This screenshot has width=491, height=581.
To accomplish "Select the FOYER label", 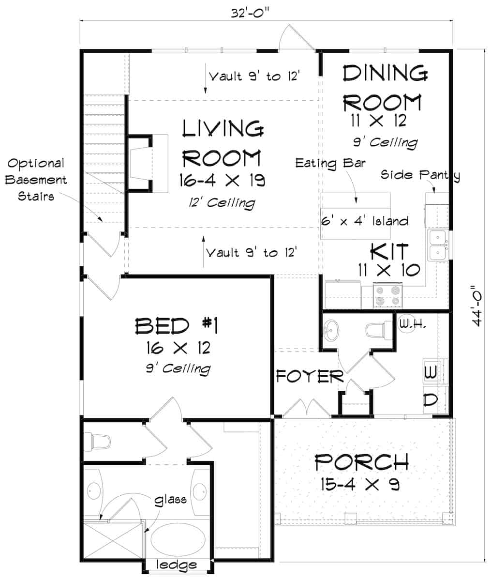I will pyautogui.click(x=310, y=376).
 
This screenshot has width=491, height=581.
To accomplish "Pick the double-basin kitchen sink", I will pyautogui.click(x=438, y=246).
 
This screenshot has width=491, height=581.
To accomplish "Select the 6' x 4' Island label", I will pyautogui.click(x=365, y=221).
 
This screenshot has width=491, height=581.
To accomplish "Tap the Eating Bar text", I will pyautogui.click(x=330, y=162).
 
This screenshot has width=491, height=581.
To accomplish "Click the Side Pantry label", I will pyautogui.click(x=419, y=175).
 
